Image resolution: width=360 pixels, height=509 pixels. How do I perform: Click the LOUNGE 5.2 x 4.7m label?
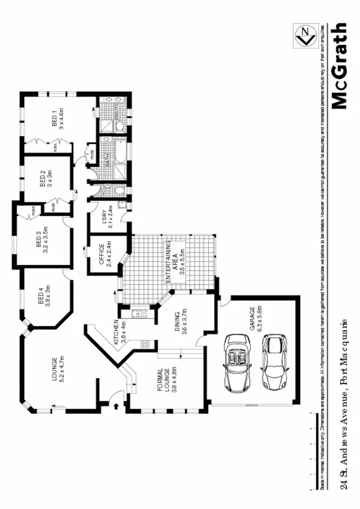(x=58, y=368)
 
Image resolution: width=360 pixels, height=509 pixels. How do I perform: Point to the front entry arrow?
(x=117, y=406)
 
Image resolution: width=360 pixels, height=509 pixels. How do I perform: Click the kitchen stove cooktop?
(x=145, y=344)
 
